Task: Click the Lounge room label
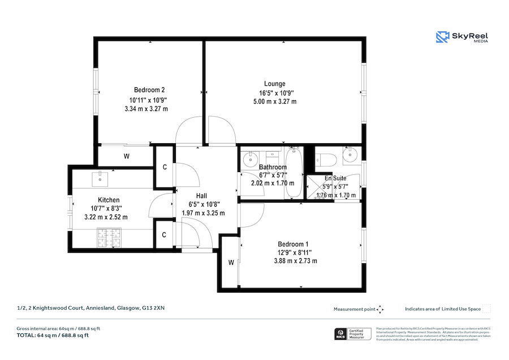click(274, 84)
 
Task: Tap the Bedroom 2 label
click(149, 89)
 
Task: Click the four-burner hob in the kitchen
click(110, 238)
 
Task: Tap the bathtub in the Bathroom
click(294, 173)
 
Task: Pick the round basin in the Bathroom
click(249, 160)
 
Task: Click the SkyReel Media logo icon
click(442, 37)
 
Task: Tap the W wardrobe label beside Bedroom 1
click(231, 262)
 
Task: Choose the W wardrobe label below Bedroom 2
click(126, 156)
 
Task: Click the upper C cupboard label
click(165, 167)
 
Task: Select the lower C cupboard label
click(165, 235)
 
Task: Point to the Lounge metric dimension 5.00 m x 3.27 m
click(274, 102)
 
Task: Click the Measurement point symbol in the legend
click(380, 309)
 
